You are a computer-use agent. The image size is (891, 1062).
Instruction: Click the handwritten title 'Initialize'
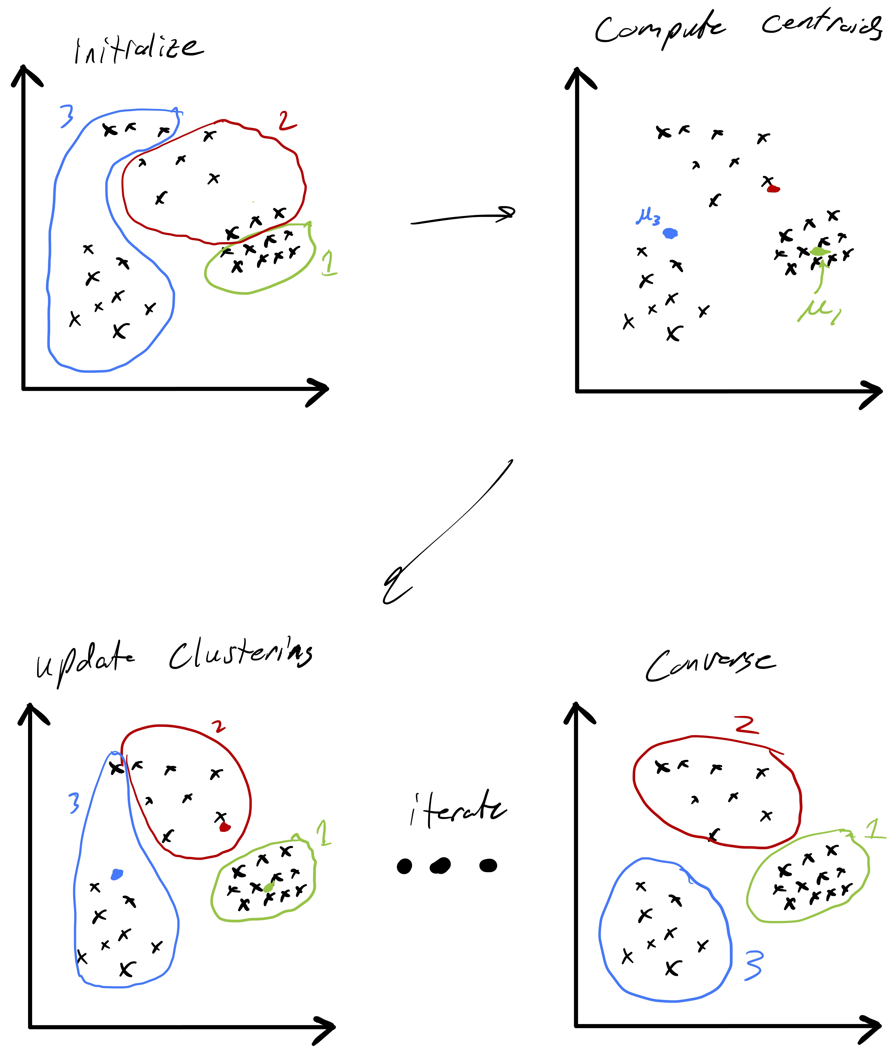click(x=139, y=50)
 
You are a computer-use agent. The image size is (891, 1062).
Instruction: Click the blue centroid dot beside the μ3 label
click(x=670, y=233)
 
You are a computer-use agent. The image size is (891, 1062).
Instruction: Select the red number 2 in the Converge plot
click(x=747, y=725)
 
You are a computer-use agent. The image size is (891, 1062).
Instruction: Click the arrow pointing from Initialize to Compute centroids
click(x=463, y=217)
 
